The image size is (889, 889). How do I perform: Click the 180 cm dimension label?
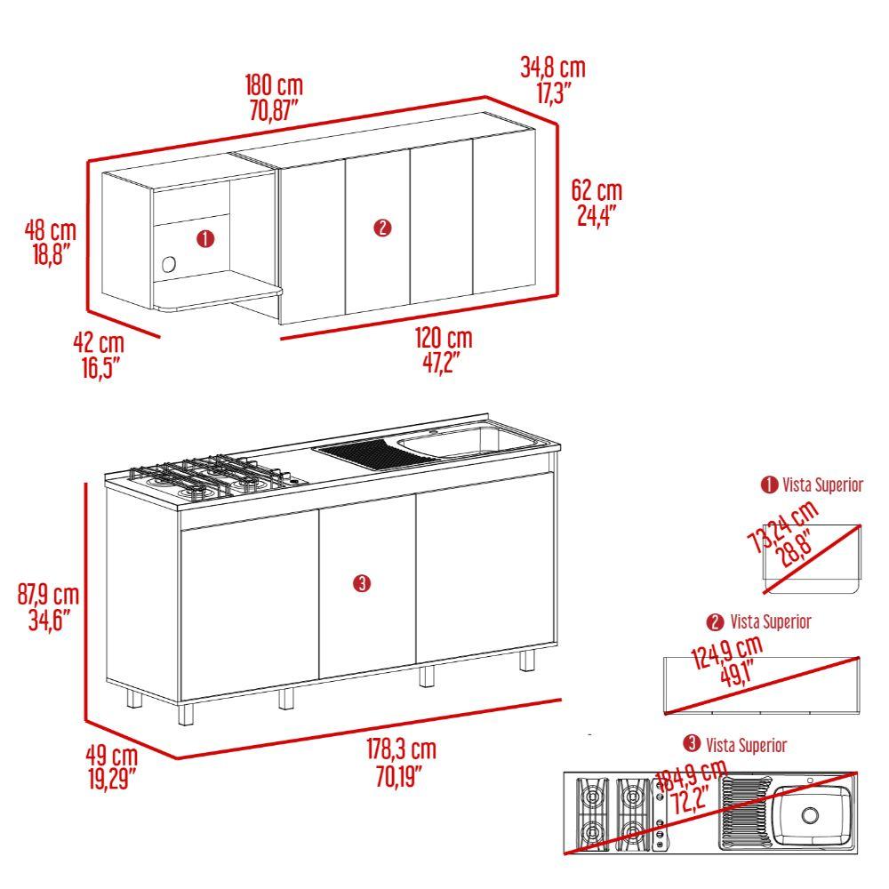pyautogui.click(x=275, y=85)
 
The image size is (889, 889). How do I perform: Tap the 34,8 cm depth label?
pyautogui.click(x=553, y=68)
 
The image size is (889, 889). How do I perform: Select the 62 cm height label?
pyautogui.click(x=597, y=190)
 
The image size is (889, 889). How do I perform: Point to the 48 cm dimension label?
pyautogui.click(x=51, y=231)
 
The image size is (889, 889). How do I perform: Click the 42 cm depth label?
pyautogui.click(x=99, y=343)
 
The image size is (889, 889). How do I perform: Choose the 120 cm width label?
pyautogui.click(x=444, y=338)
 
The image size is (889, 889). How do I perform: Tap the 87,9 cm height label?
pyautogui.click(x=48, y=595)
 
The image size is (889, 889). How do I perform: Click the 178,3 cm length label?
pyautogui.click(x=402, y=749)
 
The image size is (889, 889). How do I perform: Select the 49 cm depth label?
pyautogui.click(x=112, y=756)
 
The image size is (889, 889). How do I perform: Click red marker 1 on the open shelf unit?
pyautogui.click(x=205, y=238)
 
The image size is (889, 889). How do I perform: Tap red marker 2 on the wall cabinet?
pyautogui.click(x=382, y=228)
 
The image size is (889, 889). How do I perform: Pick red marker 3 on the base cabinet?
pyautogui.click(x=361, y=583)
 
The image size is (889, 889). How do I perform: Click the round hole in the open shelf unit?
pyautogui.click(x=168, y=264)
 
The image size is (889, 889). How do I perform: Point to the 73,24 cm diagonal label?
pyautogui.click(x=784, y=526)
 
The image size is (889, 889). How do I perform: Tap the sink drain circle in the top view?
pyautogui.click(x=810, y=815)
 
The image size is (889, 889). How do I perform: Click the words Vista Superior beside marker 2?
pyautogui.click(x=771, y=622)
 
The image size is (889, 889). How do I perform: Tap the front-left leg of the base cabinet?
pyautogui.click(x=186, y=715)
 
